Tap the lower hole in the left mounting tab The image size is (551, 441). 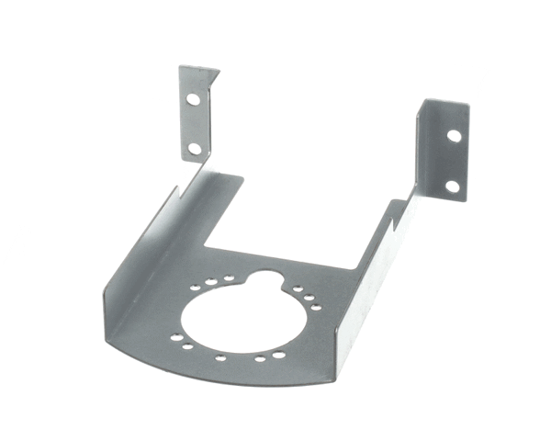pos(194,147)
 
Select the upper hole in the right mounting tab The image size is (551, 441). pos(454,135)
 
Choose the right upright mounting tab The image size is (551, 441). pos(443,152)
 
